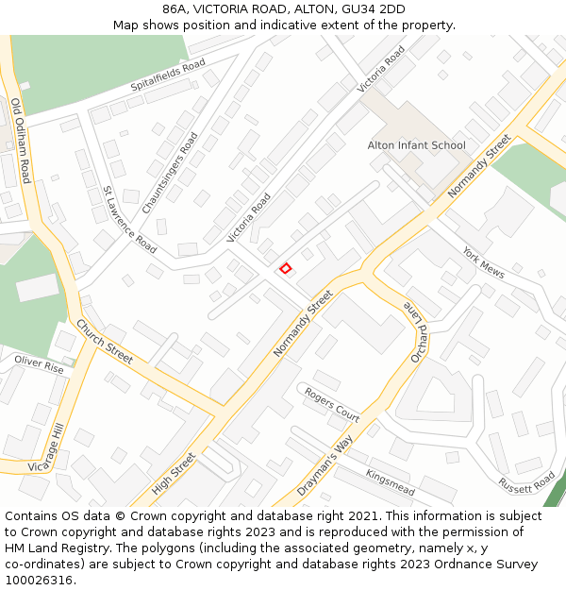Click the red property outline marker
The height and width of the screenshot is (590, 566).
tap(285, 269)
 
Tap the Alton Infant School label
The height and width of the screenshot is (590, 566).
tap(416, 145)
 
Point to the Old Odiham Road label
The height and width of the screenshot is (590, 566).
tap(22, 141)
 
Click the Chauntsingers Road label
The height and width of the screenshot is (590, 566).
tap(170, 173)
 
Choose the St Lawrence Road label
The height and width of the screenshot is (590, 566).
tap(129, 219)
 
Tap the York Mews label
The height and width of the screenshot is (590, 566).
tap(483, 262)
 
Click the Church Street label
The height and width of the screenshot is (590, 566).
tap(105, 341)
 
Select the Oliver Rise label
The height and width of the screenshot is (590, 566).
tap(39, 365)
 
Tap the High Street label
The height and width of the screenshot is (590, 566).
tap(174, 474)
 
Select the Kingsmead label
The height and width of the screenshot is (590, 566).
tap(390, 482)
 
